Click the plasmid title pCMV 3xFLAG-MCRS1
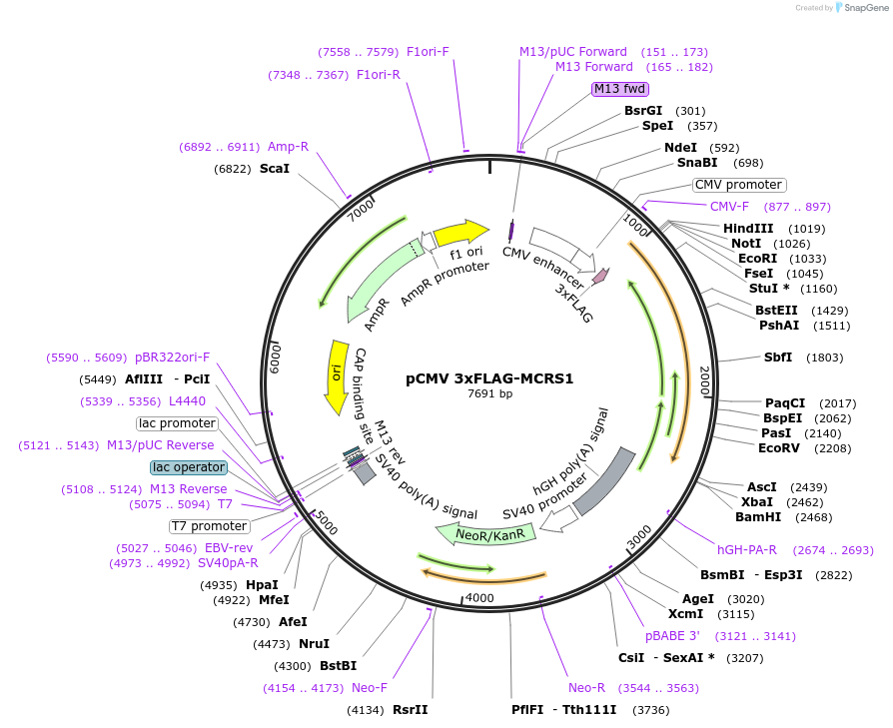pyautogui.click(x=489, y=378)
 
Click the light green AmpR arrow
pyautogui.click(x=385, y=283)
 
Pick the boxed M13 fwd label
pyautogui.click(x=619, y=89)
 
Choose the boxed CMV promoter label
pyautogui.click(x=739, y=185)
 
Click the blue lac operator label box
pyautogui.click(x=189, y=467)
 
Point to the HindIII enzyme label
pyautogui.click(x=748, y=229)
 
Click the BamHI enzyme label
pyautogui.click(x=758, y=517)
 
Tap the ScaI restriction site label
pyautogui.click(x=275, y=169)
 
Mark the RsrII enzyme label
pyautogui.click(x=410, y=710)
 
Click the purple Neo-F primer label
pyautogui.click(x=370, y=688)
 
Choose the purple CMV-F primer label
pyautogui.click(x=729, y=207)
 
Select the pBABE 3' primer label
pyautogui.click(x=672, y=636)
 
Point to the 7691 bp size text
pyautogui.click(x=489, y=393)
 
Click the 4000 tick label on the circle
pyautogui.click(x=480, y=598)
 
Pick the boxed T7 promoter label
pyautogui.click(x=209, y=526)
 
